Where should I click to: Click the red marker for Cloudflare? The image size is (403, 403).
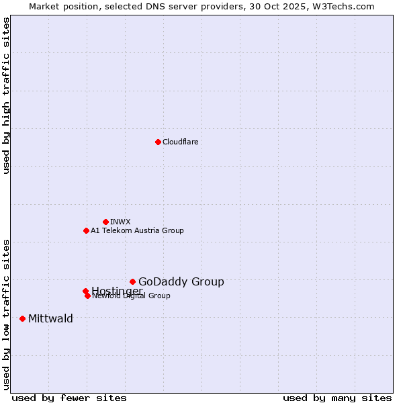[x=158, y=142]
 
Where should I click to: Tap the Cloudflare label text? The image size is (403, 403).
[x=181, y=142]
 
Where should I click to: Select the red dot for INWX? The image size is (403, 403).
[x=105, y=222]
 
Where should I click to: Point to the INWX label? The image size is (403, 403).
[x=120, y=222]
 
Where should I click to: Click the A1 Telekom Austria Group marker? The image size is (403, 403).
[x=86, y=230]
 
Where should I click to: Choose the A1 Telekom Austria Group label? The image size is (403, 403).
[x=137, y=230]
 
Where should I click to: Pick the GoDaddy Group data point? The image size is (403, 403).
[x=132, y=281]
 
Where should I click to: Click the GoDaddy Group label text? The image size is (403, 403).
[x=181, y=281]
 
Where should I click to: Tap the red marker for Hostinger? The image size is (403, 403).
[x=85, y=291]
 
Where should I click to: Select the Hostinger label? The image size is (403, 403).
[x=117, y=291]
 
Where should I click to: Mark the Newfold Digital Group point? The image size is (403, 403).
[x=87, y=296]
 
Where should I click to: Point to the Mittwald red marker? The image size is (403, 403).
[x=22, y=318]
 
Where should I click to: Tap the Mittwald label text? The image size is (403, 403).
[x=50, y=318]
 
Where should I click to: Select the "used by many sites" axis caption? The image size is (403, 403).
[x=337, y=398]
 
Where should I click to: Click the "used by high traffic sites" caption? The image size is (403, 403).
[x=7, y=96]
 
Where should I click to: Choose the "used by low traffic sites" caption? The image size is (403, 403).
[x=7, y=314]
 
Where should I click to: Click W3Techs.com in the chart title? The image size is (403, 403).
[x=347, y=6]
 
